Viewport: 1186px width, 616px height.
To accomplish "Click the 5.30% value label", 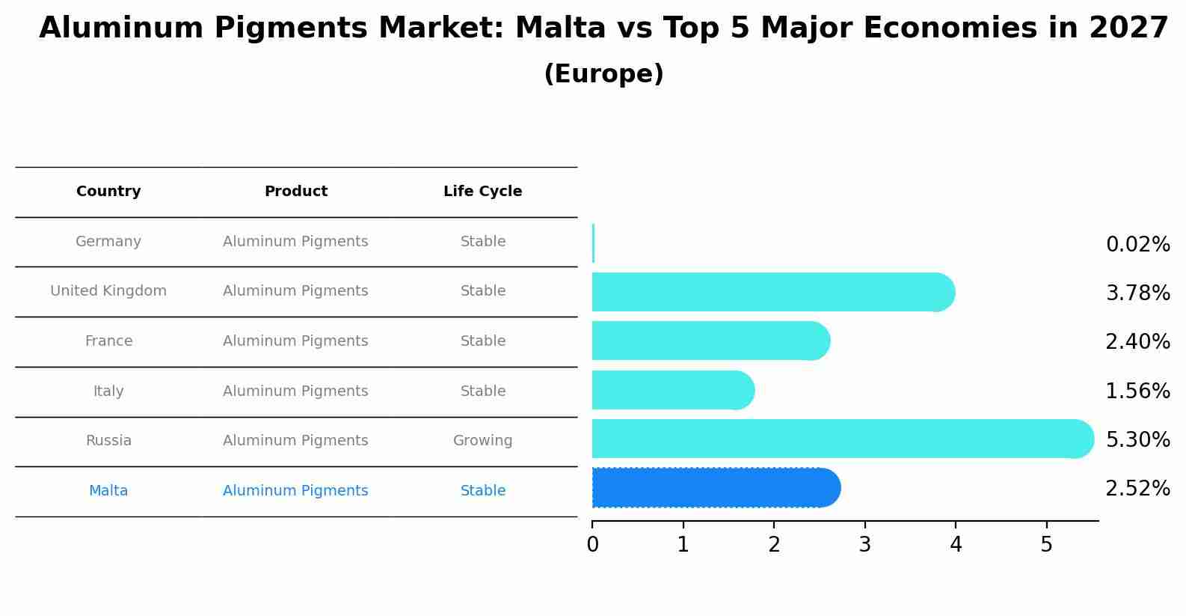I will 1137,439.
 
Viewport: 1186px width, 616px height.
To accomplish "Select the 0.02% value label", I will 1137,245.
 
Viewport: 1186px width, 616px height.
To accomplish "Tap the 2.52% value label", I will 1137,489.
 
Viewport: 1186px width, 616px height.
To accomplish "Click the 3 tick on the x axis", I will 865,545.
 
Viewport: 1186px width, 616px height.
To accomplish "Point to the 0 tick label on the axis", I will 593,545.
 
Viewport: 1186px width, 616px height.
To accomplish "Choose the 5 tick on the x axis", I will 1047,545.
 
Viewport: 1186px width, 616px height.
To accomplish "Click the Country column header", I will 108,192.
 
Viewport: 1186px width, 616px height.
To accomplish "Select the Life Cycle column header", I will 482,192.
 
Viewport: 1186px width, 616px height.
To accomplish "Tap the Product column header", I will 296,192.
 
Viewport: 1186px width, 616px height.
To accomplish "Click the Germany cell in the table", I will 108,242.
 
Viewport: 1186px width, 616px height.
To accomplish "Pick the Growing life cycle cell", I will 482,441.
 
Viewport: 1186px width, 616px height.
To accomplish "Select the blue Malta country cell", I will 108,491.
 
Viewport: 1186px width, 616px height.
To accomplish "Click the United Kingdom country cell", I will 108,291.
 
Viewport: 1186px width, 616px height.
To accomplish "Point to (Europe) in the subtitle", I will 603,74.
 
